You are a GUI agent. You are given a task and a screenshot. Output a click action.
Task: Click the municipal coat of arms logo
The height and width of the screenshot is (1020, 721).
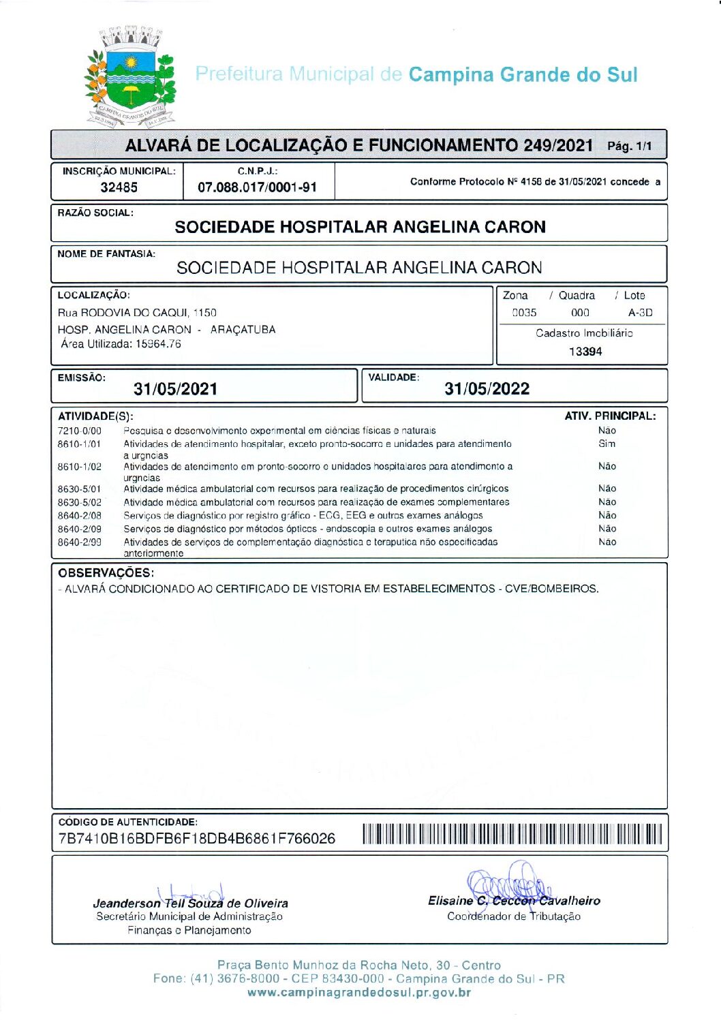(x=129, y=76)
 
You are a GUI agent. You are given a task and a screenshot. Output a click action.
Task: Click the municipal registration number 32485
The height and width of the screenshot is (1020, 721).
(x=119, y=187)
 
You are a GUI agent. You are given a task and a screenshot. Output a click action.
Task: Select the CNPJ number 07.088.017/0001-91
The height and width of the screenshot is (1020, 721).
(x=257, y=187)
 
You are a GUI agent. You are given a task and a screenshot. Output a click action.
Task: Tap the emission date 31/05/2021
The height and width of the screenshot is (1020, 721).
(x=176, y=389)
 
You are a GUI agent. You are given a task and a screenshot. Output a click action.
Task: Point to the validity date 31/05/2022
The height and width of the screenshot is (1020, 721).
(x=487, y=389)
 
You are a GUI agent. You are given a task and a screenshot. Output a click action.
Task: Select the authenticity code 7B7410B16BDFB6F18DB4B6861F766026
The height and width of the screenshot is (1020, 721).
(x=197, y=839)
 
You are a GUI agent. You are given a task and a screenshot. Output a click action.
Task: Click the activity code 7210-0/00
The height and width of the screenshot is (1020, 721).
(x=79, y=431)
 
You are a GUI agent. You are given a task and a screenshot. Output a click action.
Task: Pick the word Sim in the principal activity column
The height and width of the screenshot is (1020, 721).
(x=607, y=444)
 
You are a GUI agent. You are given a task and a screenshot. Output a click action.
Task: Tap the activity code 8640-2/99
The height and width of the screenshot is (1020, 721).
(x=79, y=542)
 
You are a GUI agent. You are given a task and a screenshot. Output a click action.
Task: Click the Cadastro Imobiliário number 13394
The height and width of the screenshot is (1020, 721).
(x=585, y=352)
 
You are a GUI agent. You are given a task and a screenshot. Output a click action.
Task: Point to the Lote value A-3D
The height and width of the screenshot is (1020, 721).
(x=640, y=313)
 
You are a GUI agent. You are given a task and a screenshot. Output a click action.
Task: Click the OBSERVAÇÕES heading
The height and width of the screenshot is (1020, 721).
(x=106, y=573)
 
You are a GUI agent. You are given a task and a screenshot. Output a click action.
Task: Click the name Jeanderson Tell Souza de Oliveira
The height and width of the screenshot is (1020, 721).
(x=191, y=903)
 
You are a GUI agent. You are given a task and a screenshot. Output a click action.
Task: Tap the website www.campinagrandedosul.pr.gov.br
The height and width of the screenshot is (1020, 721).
(x=359, y=993)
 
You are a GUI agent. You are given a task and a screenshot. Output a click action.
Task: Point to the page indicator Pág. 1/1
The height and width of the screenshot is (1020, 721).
(x=629, y=146)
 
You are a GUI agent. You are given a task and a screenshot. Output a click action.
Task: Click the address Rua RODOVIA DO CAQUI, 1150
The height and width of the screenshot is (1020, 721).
(x=137, y=313)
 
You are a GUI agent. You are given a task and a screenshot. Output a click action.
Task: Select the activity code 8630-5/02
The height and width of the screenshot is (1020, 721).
(x=79, y=502)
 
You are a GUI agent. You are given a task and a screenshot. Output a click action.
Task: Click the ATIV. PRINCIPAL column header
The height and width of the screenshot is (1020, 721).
(x=610, y=416)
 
